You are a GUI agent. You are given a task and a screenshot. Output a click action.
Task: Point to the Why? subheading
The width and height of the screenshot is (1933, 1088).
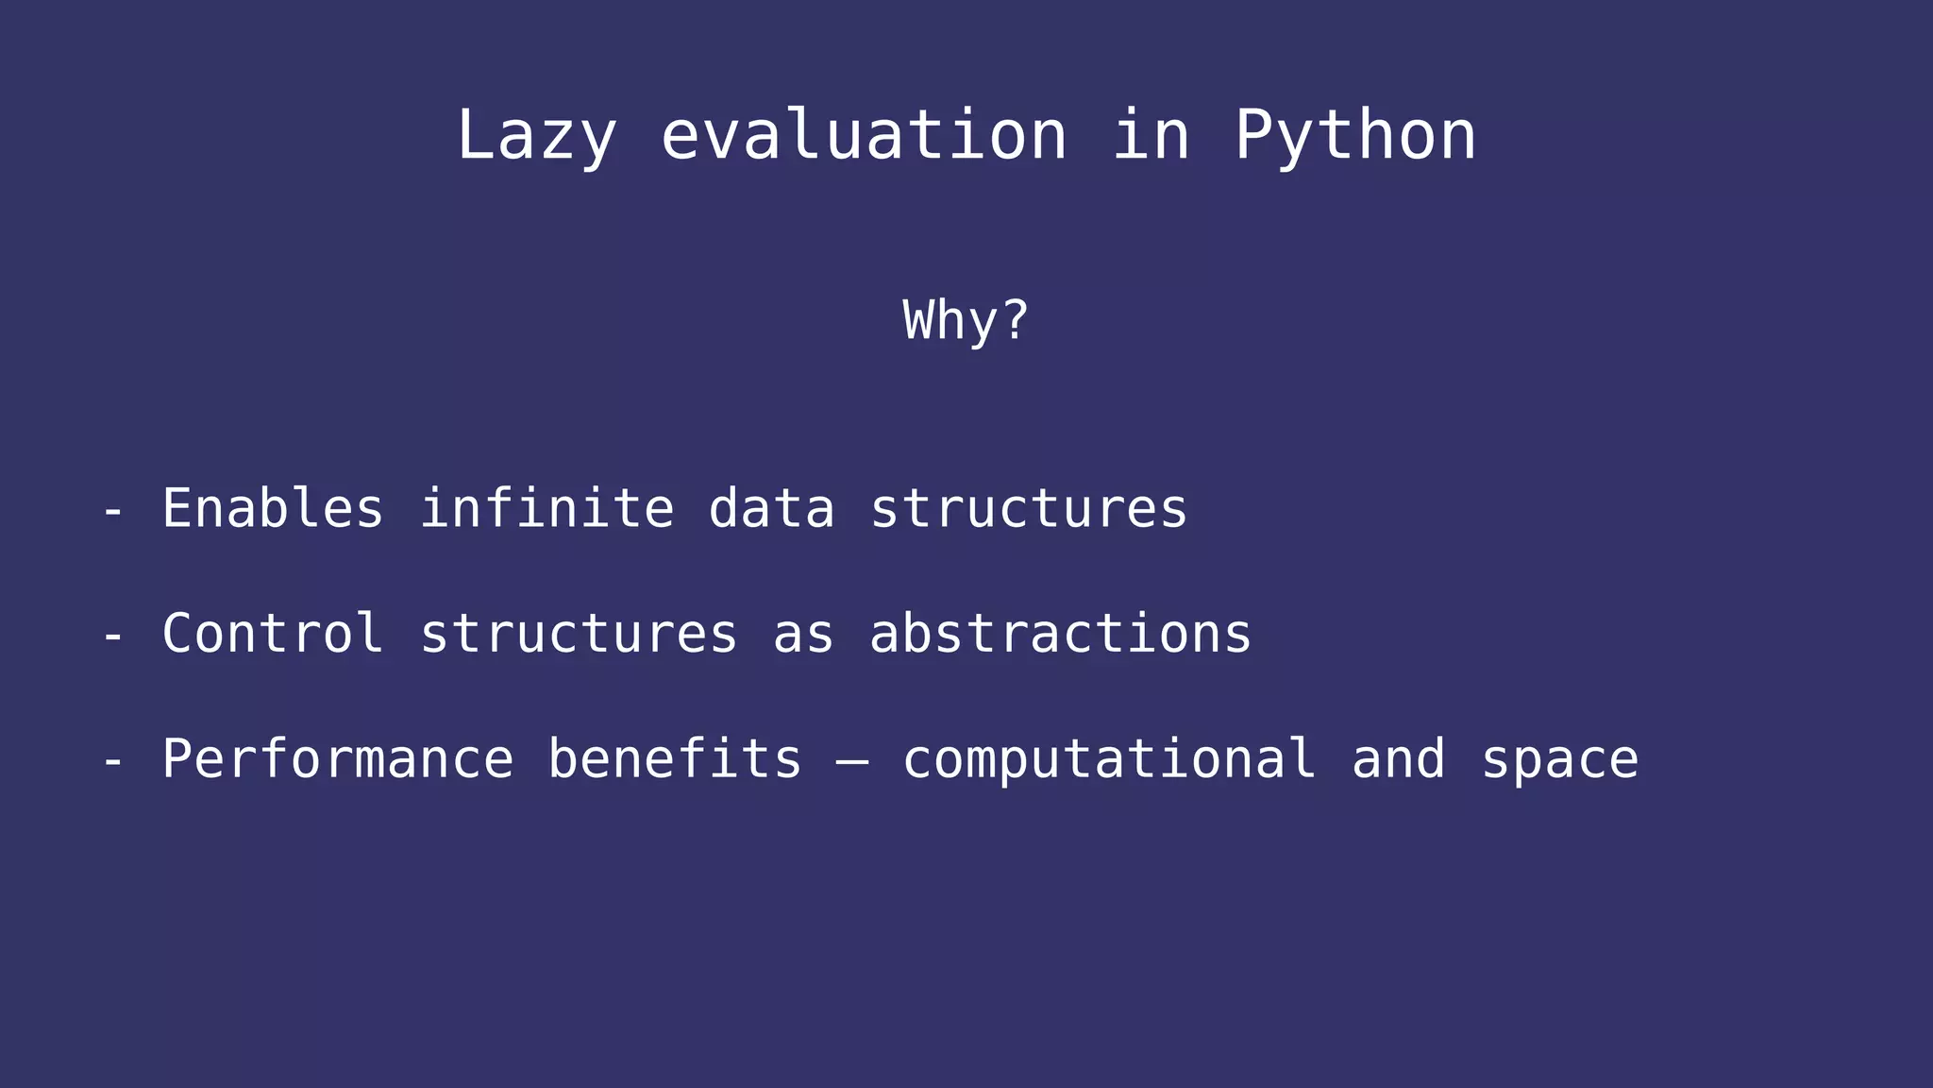pyautogui.click(x=966, y=321)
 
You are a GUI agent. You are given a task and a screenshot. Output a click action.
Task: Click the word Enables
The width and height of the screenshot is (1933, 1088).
pyautogui.click(x=273, y=509)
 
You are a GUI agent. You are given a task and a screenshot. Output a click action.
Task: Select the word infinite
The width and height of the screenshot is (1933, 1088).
pyautogui.click(x=546, y=509)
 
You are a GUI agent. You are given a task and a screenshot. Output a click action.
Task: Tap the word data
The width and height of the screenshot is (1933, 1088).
pyautogui.click(x=771, y=509)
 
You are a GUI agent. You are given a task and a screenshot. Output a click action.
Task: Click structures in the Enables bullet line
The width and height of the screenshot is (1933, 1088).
pyautogui.click(x=1028, y=509)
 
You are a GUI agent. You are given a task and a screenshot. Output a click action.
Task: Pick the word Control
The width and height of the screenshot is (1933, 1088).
pyautogui.click(x=273, y=634)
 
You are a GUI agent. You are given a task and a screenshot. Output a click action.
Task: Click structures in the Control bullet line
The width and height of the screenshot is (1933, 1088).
pyautogui.click(x=578, y=634)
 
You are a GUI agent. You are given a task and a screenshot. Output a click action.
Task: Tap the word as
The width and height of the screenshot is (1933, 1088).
pyautogui.click(x=803, y=634)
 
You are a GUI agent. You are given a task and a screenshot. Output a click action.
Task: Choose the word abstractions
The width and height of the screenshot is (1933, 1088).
pyautogui.click(x=1060, y=634)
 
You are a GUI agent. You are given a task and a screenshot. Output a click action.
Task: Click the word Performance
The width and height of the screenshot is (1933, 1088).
pyautogui.click(x=337, y=759)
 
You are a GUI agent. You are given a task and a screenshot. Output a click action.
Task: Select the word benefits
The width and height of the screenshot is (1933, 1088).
pyautogui.click(x=675, y=759)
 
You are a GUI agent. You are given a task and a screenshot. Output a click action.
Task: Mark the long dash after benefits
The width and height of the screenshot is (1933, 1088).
pyautogui.click(x=852, y=761)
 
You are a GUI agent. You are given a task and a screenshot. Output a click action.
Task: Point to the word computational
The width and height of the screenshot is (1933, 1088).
pyautogui.click(x=1109, y=759)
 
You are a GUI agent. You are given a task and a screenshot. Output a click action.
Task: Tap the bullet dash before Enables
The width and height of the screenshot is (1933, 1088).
pyautogui.click(x=113, y=512)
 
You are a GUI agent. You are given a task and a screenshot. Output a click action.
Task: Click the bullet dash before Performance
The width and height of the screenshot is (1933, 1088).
pyautogui.click(x=113, y=762)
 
